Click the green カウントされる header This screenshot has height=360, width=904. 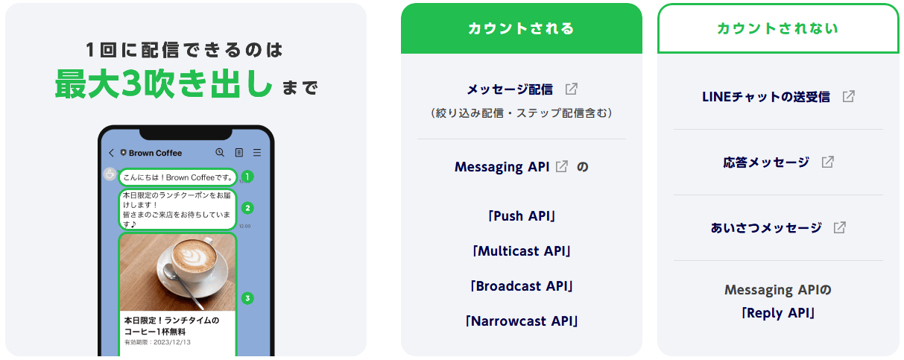(521, 28)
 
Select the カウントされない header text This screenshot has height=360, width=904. (778, 28)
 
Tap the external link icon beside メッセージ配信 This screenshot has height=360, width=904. (571, 89)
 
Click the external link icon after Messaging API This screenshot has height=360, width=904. (562, 166)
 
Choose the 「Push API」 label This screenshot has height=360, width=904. (522, 216)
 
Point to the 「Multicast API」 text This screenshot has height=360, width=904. (522, 251)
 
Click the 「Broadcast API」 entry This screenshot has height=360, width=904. (522, 286)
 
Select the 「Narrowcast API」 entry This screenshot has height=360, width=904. (522, 321)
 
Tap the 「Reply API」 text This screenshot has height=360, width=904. (778, 313)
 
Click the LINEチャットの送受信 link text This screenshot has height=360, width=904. (766, 97)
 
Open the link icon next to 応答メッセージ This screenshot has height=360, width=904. (828, 162)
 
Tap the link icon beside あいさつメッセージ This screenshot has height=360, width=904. (840, 227)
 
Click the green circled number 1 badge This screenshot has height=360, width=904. (247, 177)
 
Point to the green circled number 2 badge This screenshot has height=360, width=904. (247, 208)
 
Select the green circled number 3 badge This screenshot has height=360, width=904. (247, 298)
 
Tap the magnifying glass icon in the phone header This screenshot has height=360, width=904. (220, 153)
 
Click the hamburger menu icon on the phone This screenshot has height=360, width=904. (257, 153)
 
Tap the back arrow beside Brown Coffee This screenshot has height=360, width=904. (111, 153)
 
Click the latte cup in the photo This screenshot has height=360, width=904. (193, 262)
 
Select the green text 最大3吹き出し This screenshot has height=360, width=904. (163, 84)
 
